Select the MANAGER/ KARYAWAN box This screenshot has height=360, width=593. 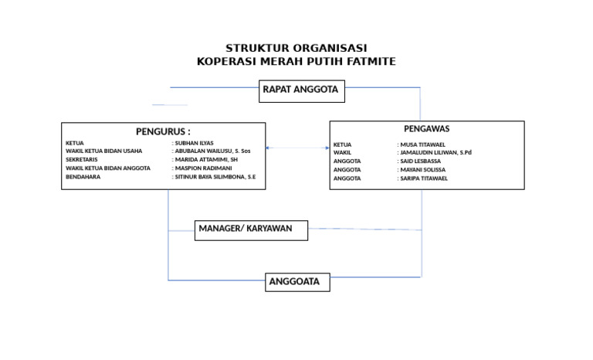pos(252,229)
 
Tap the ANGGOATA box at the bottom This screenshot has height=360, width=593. pos(297,282)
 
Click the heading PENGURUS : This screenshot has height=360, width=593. pos(163,131)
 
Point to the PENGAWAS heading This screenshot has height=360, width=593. pos(427,129)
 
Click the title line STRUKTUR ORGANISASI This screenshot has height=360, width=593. pos(296,49)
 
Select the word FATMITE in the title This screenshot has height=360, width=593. pos(371,62)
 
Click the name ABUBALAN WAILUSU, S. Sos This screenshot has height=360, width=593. pos(212,151)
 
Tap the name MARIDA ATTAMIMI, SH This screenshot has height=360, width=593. pos(205,160)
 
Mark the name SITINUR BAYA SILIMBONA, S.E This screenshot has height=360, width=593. pos(215,177)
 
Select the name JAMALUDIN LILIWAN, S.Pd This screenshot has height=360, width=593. pos(435,153)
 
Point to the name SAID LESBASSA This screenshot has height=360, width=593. pos(421,161)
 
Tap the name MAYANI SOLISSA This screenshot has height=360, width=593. pos(423,170)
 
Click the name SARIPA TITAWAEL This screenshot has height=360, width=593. pos(424,178)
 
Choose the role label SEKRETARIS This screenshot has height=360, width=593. pos(83,160)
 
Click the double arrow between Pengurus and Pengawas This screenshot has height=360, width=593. pos(297,148)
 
